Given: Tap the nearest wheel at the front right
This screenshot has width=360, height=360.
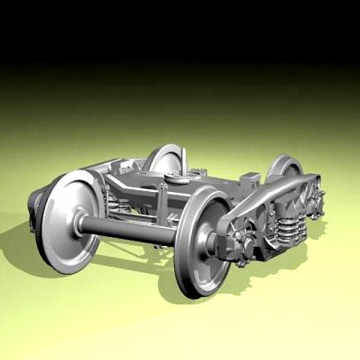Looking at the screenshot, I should (x=205, y=240).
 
